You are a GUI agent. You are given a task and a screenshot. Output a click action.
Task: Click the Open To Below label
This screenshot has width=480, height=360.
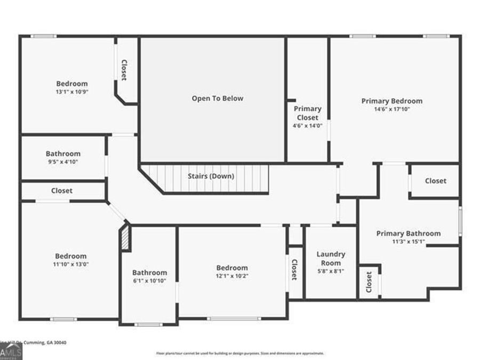pyautogui.click(x=217, y=99)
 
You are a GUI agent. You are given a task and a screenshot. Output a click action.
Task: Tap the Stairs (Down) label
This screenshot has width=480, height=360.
pyautogui.click(x=211, y=176)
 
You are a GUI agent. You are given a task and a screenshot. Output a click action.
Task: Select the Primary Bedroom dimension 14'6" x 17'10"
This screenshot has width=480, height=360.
pyautogui.click(x=391, y=109)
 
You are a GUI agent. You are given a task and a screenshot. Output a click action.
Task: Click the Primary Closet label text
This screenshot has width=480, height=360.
pyautogui.click(x=308, y=113)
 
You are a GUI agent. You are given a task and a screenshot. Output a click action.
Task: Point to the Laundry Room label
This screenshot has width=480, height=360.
pyautogui.click(x=331, y=259)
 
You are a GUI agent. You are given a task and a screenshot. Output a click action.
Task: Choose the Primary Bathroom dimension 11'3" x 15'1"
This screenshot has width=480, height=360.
pyautogui.click(x=408, y=242)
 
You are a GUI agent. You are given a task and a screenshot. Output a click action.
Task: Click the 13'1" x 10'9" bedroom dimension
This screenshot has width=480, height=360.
pyautogui.click(x=72, y=92)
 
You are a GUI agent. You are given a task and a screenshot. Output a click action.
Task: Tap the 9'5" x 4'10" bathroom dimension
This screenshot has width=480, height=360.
pyautogui.click(x=63, y=162)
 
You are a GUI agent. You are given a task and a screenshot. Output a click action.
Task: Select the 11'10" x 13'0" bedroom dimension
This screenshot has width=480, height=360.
pyautogui.click(x=70, y=264)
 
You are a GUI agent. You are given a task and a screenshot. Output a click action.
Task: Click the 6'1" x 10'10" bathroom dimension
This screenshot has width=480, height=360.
pyautogui.click(x=149, y=281)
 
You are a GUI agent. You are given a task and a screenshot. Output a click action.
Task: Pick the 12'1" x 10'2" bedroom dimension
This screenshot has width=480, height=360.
pyautogui.click(x=232, y=276)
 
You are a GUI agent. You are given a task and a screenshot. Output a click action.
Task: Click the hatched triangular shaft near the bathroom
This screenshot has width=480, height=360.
pyautogui.click(x=125, y=238)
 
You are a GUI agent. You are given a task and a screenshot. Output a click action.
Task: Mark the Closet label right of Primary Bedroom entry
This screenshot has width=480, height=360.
pyautogui.click(x=435, y=181)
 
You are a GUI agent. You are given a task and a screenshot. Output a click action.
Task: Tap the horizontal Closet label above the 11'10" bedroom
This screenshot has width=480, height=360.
pyautogui.click(x=62, y=190)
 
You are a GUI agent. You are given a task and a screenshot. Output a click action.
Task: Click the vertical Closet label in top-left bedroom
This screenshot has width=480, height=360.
pyautogui.click(x=124, y=69)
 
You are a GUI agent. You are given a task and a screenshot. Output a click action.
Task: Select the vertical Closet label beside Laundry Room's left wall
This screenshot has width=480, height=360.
pyautogui.click(x=294, y=269)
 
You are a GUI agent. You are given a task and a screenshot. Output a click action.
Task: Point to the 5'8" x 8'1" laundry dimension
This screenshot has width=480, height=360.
pyautogui.click(x=331, y=271)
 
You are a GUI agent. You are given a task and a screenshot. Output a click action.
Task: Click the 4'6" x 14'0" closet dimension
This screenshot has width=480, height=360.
pyautogui.click(x=308, y=126)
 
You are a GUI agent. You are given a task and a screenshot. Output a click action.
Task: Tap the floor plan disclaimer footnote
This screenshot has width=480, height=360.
pyautogui.click(x=239, y=353)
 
